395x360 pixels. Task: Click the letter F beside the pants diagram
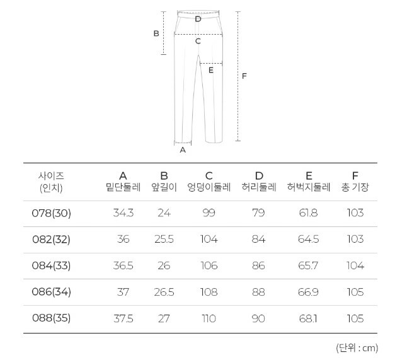pos(244,76)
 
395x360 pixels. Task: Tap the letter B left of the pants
pos(156,33)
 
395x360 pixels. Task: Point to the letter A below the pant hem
pos(183,150)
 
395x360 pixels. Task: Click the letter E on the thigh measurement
pos(211,70)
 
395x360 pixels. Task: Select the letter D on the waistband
pos(198,19)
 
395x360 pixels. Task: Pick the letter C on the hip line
pos(198,41)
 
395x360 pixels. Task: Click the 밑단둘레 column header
pos(123,187)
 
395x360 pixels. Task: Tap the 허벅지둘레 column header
pos(309,187)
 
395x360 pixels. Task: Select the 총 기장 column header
pos(355,187)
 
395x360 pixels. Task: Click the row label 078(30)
pos(52,213)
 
